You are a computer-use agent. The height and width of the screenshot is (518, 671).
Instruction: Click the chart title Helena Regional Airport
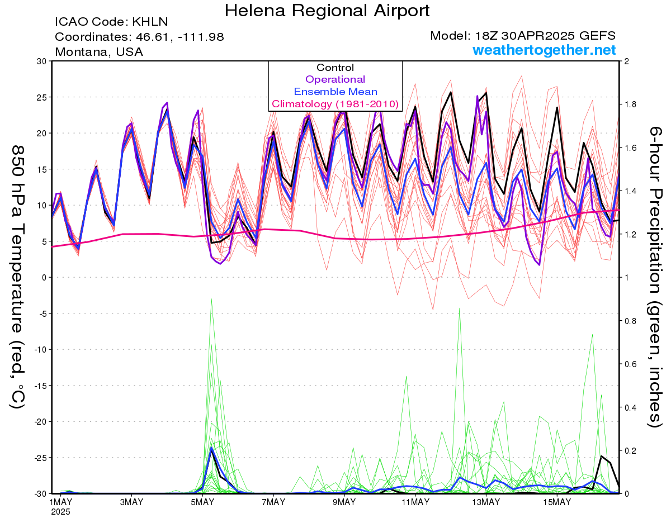click(x=327, y=11)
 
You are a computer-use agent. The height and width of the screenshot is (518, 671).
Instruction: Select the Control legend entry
click(x=335, y=68)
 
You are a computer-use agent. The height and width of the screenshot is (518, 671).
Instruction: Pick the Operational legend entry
click(x=335, y=79)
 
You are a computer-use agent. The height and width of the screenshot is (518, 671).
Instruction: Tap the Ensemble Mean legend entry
click(x=335, y=92)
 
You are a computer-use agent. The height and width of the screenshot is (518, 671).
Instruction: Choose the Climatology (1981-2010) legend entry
click(x=335, y=104)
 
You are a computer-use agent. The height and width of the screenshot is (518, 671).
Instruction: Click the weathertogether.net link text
click(x=544, y=50)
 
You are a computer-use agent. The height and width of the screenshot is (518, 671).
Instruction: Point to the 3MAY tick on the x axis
click(x=131, y=502)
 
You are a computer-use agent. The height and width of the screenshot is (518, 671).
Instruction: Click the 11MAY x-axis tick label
click(x=415, y=502)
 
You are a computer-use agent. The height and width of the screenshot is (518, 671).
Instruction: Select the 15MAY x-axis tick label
click(x=557, y=502)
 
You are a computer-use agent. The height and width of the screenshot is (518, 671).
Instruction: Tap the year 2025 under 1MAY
click(x=60, y=512)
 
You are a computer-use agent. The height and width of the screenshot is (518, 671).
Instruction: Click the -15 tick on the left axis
click(x=40, y=386)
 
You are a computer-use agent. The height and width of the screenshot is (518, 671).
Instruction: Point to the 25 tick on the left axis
click(x=42, y=97)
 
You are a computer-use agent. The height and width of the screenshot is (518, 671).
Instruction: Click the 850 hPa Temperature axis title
click(x=17, y=277)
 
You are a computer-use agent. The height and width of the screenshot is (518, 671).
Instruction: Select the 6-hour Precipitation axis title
click(x=654, y=277)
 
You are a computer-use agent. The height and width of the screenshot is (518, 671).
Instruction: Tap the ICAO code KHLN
click(x=150, y=22)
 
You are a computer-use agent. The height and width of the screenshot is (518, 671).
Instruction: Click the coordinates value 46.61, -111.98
click(x=179, y=37)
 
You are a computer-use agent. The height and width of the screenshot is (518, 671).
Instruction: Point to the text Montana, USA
click(x=99, y=52)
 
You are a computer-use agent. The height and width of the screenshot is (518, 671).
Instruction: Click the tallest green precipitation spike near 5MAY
click(x=211, y=298)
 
